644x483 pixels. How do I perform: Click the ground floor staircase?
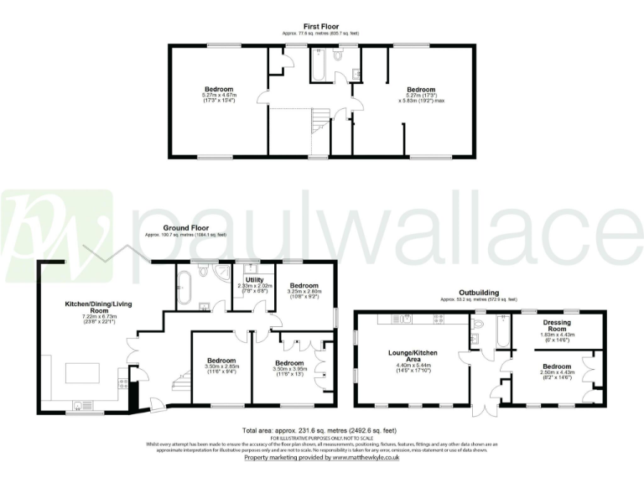tap(179, 382)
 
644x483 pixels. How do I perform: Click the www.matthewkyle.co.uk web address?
tap(366, 458)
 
